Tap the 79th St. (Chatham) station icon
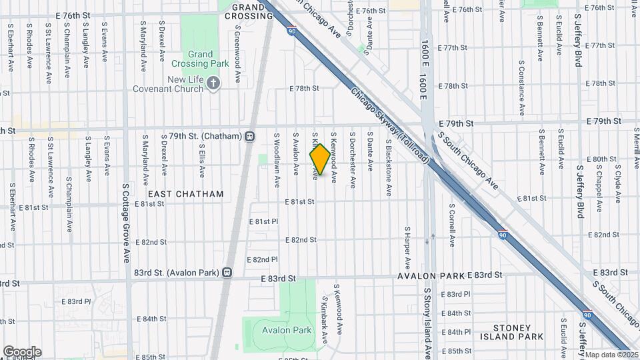[250, 136]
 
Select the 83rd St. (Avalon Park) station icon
[228, 272]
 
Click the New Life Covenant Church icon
[213, 83]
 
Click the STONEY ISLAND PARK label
[518, 332]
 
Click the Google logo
[21, 352]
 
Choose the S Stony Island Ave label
[427, 320]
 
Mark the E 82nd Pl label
[262, 259]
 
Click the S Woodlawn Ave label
[276, 154]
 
